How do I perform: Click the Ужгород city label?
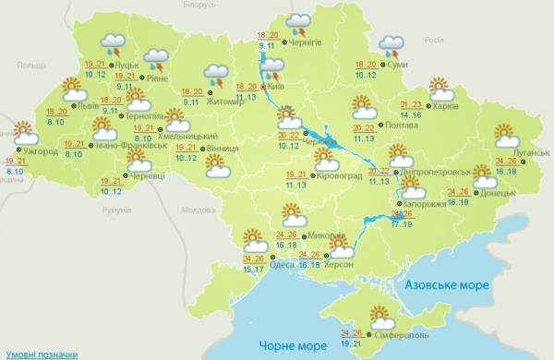39,151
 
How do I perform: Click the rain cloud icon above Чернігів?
298,22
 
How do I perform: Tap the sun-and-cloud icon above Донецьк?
484,174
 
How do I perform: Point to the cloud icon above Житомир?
217,74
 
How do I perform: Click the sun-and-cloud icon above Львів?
74,90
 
